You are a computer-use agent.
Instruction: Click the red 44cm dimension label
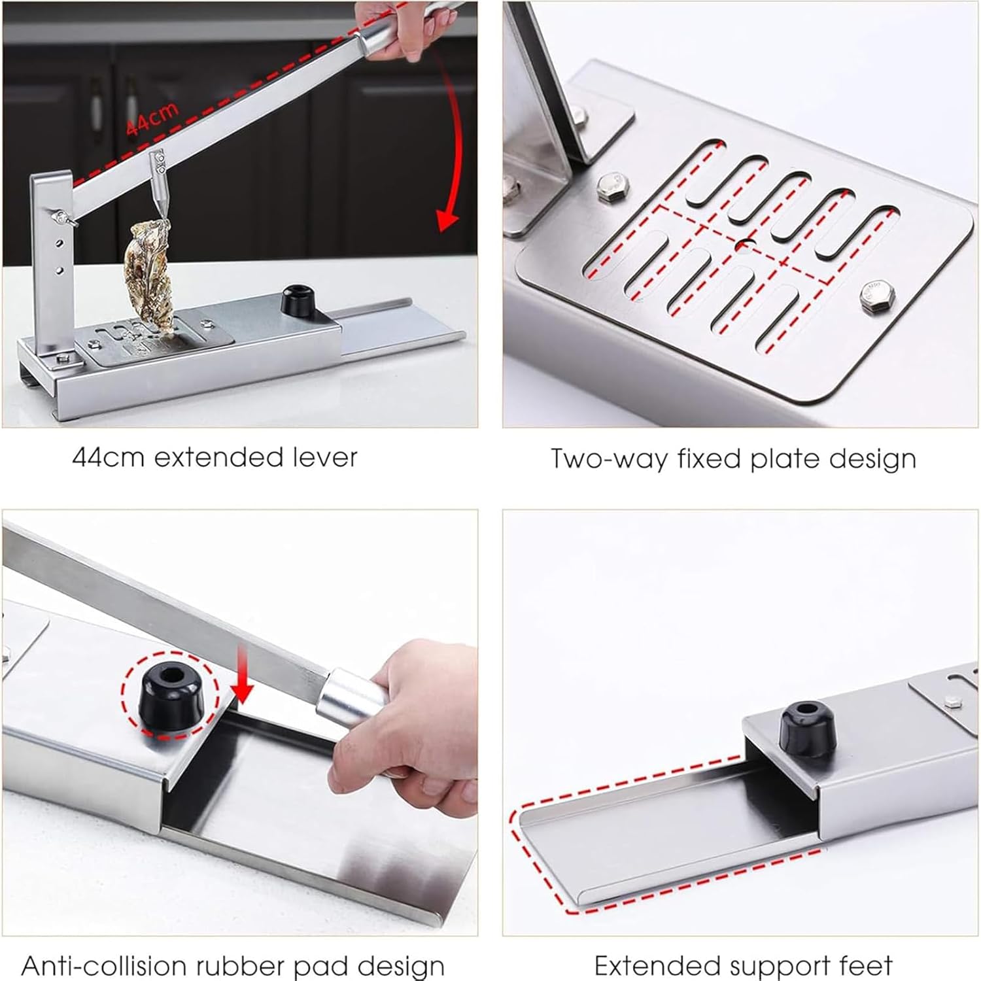pyautogui.click(x=152, y=118)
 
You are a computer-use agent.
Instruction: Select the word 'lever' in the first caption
pyautogui.click(x=325, y=457)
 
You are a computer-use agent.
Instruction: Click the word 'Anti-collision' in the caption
pyautogui.click(x=105, y=965)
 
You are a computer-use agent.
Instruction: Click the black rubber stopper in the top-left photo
pyautogui.click(x=298, y=299)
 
